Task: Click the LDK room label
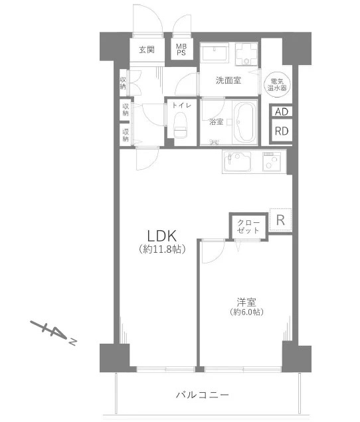pyautogui.click(x=161, y=236)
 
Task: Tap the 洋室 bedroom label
pyautogui.click(x=246, y=303)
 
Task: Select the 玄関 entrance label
pyautogui.click(x=147, y=50)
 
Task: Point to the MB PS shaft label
pyautogui.click(x=181, y=50)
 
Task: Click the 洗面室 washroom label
pyautogui.click(x=228, y=80)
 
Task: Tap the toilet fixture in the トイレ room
pyautogui.click(x=181, y=125)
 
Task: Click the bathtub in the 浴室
pyautogui.click(x=244, y=122)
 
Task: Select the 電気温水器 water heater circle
pyautogui.click(x=277, y=84)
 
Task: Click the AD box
pyautogui.click(x=282, y=111)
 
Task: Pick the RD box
pyautogui.click(x=282, y=131)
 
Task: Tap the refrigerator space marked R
pyautogui.click(x=280, y=220)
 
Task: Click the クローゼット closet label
pyautogui.click(x=248, y=226)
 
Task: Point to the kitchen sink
pyautogui.click(x=237, y=161)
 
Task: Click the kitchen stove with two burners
pyautogui.click(x=272, y=161)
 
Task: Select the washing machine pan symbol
pyautogui.click(x=246, y=54)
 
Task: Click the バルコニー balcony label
pyautogui.click(x=203, y=395)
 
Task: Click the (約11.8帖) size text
pyautogui.click(x=162, y=249)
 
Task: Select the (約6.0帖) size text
pyautogui.click(x=246, y=312)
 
